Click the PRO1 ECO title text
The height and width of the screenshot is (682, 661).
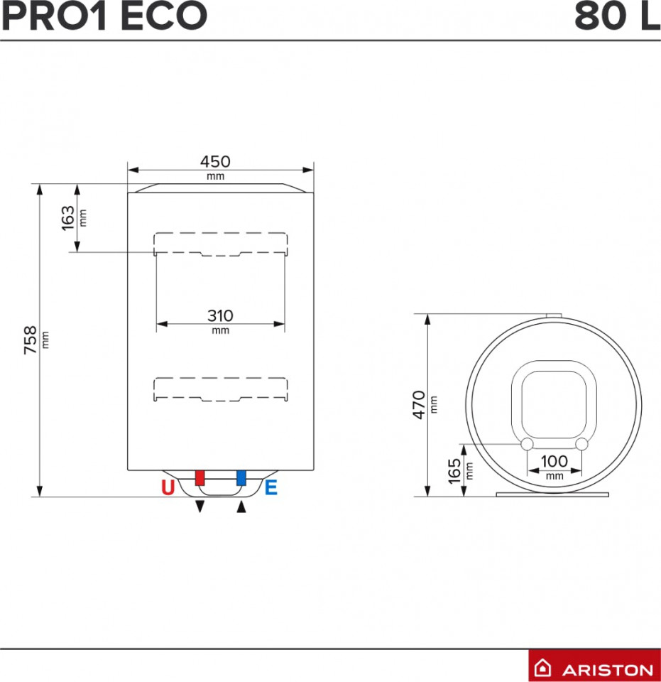point(104,16)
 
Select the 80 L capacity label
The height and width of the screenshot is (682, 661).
point(617,16)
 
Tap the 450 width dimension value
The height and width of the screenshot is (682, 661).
point(215,162)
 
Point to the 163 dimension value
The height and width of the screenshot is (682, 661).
point(67,218)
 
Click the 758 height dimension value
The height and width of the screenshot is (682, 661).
point(30,340)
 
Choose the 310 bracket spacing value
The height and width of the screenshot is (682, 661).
point(220,315)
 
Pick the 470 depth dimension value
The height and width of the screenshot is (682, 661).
point(419,405)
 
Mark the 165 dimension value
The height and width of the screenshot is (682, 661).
point(454,471)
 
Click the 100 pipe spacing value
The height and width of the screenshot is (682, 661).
point(554,461)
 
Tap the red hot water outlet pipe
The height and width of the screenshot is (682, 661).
point(200,477)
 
